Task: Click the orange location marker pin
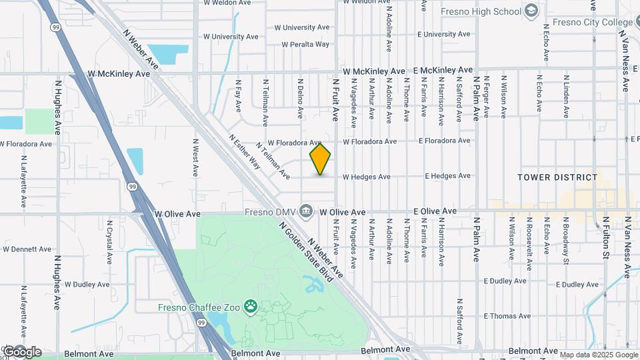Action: (x=320, y=159)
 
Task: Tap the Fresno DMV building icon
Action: (x=306, y=211)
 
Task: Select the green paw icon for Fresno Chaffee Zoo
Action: (x=251, y=307)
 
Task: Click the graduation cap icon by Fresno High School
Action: (x=531, y=11)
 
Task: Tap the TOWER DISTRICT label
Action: (x=558, y=177)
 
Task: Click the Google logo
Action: (x=22, y=352)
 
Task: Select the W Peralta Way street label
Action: (x=305, y=45)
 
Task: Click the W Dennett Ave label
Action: (x=27, y=249)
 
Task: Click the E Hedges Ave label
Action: (x=449, y=177)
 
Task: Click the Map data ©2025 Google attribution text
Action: (x=598, y=355)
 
